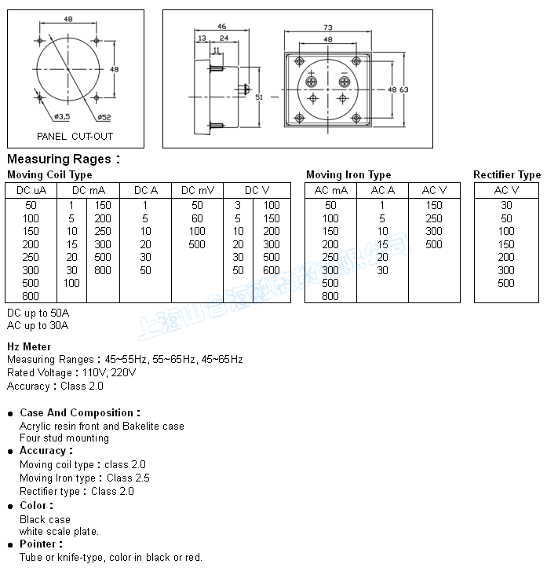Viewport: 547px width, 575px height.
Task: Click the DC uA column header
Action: (31, 190)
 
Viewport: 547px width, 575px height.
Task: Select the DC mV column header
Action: (197, 190)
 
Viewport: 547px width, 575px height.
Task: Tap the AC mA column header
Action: (330, 190)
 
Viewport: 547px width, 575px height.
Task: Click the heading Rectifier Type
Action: (507, 174)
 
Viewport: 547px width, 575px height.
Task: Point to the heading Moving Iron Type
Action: (348, 174)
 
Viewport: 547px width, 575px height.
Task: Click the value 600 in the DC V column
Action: (272, 270)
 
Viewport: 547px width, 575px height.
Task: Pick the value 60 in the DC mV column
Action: (197, 218)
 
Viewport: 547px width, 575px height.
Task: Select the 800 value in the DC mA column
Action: (103, 270)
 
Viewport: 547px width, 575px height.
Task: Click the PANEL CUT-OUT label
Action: (75, 136)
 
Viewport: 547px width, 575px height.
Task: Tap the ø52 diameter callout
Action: (104, 117)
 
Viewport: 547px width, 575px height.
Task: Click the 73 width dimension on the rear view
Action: (327, 27)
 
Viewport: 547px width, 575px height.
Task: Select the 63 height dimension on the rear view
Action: (404, 90)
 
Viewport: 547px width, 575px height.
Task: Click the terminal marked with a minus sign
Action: (343, 80)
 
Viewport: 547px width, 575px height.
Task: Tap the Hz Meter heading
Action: (29, 346)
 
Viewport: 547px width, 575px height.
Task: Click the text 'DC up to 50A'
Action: (38, 313)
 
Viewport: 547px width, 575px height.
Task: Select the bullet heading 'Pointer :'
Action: (41, 544)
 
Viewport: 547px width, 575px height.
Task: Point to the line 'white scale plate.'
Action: (59, 531)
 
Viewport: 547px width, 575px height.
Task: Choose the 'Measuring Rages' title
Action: (63, 159)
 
